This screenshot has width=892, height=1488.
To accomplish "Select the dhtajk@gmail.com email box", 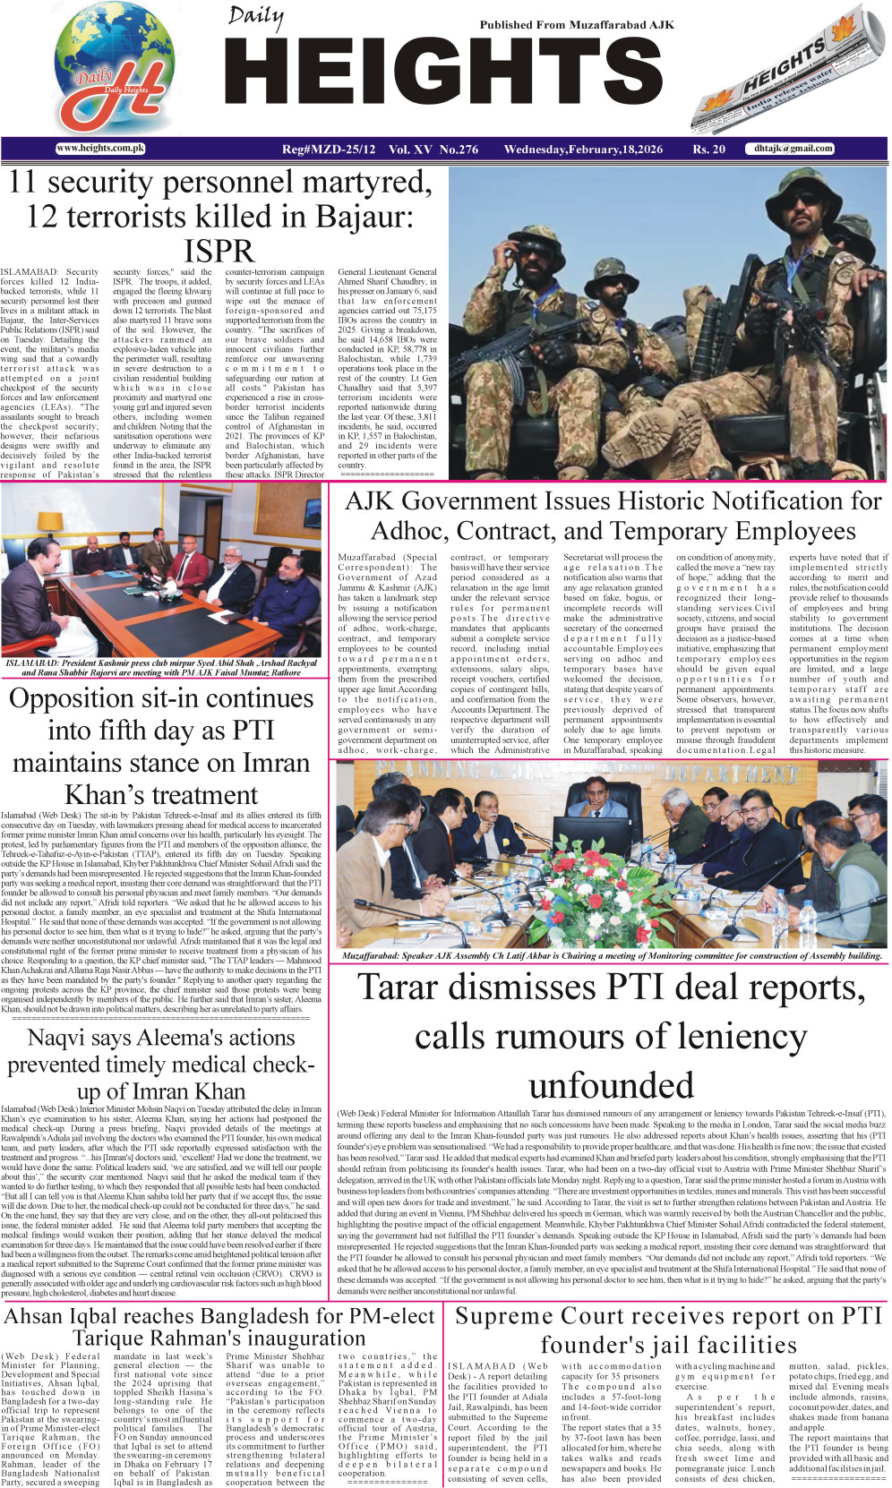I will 793,149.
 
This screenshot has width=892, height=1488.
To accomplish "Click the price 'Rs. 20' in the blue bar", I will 708,150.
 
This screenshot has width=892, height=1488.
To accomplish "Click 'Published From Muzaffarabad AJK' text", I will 576,25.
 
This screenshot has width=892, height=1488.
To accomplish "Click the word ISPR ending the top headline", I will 219,252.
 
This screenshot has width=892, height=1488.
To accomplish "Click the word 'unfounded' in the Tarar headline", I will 611,1085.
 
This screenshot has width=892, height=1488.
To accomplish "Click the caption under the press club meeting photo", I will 161,668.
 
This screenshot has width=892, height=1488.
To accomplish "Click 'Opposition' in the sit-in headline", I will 83,698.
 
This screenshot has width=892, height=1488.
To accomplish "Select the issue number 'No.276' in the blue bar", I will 459,150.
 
